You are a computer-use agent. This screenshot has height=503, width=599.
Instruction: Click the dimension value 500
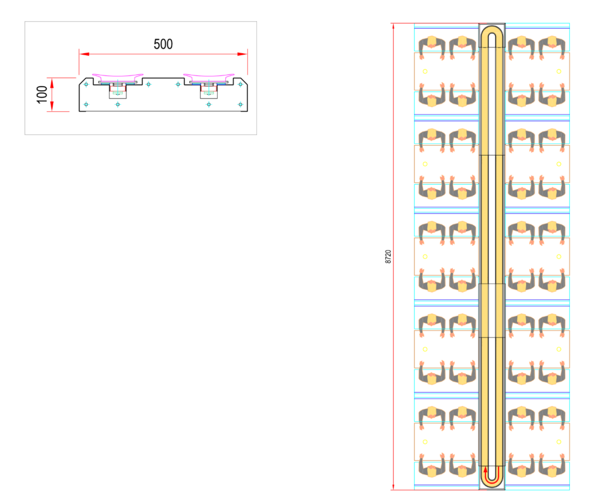point(163,44)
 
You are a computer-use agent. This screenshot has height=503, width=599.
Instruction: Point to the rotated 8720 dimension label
point(388,257)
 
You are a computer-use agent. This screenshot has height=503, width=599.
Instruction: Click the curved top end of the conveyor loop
point(491,32)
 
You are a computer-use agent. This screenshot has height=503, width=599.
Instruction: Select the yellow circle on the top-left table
point(425,71)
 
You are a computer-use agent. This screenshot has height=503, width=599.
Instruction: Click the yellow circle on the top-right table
point(559,71)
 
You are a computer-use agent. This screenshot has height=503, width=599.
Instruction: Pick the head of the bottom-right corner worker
point(551,471)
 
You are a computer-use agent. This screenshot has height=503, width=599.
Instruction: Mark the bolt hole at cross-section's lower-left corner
point(86,105)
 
